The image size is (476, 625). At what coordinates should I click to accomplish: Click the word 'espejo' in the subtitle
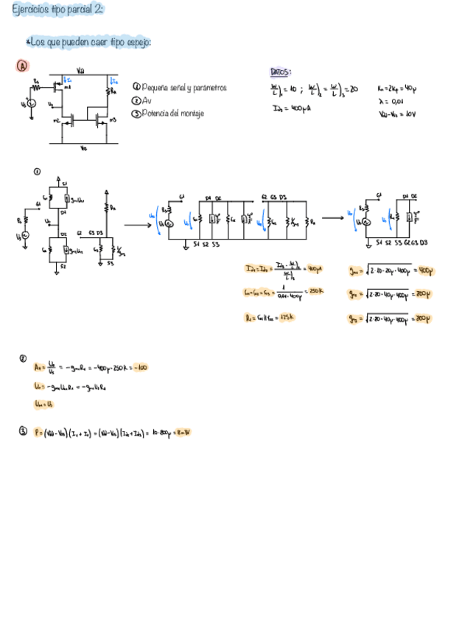(x=136, y=43)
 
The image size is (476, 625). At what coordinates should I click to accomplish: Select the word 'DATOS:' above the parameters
(x=281, y=72)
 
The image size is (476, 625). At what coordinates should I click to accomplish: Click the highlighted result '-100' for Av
(x=139, y=366)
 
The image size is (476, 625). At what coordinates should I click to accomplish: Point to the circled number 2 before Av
(x=23, y=359)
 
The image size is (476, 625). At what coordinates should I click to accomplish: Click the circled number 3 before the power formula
(x=23, y=432)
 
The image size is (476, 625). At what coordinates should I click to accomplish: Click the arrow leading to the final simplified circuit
(x=334, y=218)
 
